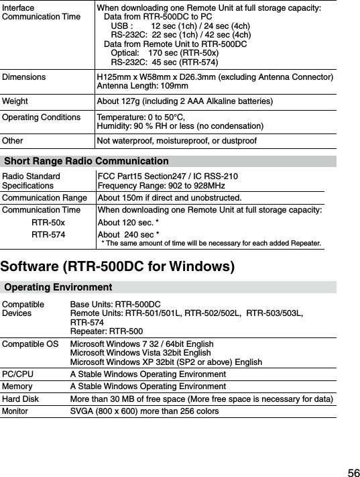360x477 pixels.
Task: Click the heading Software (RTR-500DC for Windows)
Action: coord(117,267)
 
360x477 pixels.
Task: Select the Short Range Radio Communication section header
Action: coord(86,162)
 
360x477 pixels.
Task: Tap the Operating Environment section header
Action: coord(58,288)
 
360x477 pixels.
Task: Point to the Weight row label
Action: coord(15,101)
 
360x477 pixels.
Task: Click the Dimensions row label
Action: coord(24,77)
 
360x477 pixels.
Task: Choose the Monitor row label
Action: coord(15,411)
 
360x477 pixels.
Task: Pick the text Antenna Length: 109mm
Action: coord(142,87)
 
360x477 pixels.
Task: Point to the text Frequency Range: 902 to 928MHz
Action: coord(161,186)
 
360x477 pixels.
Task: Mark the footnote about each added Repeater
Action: coord(210,242)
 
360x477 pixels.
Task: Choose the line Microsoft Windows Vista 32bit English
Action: coord(141,353)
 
